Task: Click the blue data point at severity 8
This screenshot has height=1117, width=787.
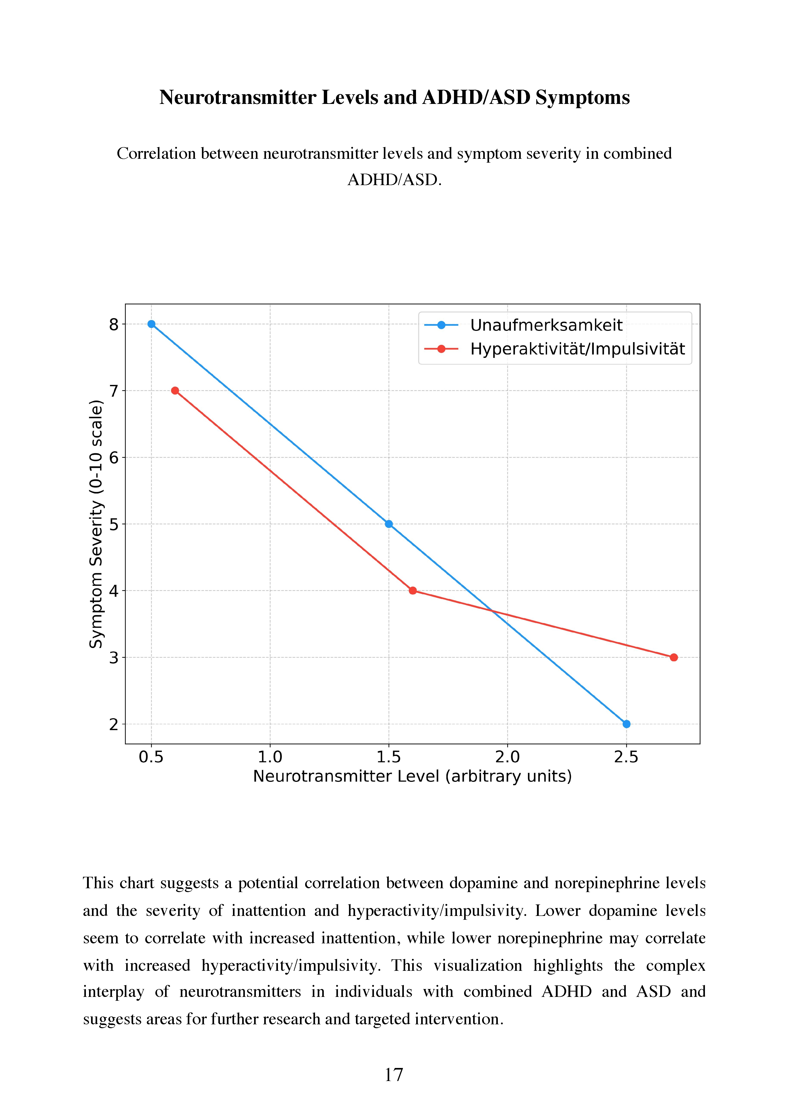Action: [151, 324]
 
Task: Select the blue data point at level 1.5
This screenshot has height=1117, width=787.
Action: [389, 524]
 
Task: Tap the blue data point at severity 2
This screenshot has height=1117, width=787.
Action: [626, 724]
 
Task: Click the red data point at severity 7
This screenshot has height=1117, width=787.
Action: [175, 391]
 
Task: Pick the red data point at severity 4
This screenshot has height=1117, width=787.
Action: [412, 591]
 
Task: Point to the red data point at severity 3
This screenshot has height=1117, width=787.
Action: [674, 657]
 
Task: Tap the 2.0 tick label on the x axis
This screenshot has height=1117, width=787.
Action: [507, 757]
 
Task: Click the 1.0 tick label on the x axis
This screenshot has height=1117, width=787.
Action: [270, 757]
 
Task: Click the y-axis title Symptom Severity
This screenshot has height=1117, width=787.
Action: [96, 524]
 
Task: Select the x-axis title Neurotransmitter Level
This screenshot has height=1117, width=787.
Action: [412, 776]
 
